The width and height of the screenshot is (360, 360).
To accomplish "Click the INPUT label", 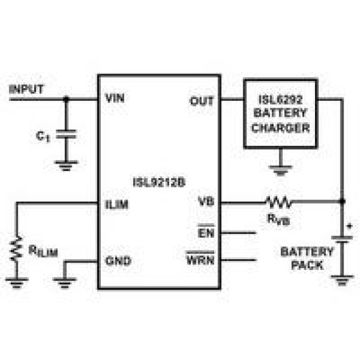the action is tap(26, 89).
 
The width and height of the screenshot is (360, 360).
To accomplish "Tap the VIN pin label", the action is tap(115, 98).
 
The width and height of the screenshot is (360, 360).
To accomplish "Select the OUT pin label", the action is tap(202, 101).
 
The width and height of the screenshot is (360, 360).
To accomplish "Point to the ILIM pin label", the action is tap(117, 204).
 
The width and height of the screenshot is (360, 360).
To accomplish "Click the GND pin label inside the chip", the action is tap(118, 260).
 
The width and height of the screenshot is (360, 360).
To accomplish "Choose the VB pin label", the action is tap(206, 202).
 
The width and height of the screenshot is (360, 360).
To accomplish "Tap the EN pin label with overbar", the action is tap(206, 231).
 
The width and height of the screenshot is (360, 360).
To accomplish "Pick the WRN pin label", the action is tap(200, 259).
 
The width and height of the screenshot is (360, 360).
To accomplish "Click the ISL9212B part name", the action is tap(159, 183).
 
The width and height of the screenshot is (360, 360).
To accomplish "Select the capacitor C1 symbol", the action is tap(66, 134).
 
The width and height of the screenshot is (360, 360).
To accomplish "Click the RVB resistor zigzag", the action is tap(279, 202).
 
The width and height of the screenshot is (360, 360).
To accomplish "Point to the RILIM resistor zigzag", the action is tap(16, 248).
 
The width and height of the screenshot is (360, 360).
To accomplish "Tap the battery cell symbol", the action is tap(342, 239).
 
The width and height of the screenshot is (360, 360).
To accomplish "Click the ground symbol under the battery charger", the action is tap(281, 170).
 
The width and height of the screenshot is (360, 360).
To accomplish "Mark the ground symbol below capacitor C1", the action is tap(66, 166).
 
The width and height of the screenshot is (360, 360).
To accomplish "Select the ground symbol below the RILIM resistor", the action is tap(16, 283).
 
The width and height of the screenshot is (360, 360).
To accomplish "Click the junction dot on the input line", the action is tap(66, 99).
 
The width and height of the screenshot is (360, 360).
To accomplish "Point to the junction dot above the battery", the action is tap(342, 202).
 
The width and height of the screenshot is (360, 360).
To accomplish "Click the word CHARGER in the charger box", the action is tap(281, 127).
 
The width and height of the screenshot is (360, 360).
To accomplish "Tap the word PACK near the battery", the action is tap(307, 265).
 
